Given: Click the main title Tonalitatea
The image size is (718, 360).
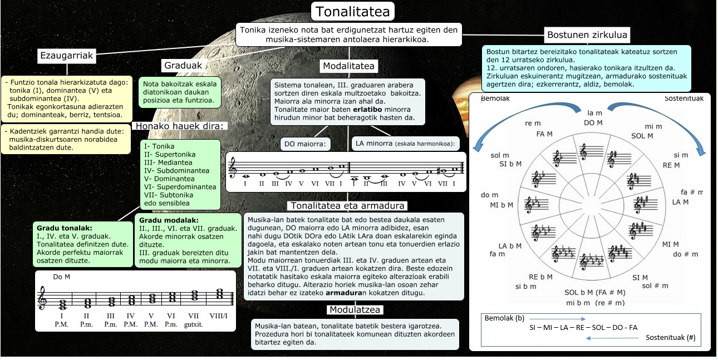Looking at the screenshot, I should pyautogui.click(x=353, y=11).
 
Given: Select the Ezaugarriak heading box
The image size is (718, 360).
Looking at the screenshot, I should pyautogui.click(x=67, y=55).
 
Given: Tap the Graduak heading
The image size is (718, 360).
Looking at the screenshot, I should pyautogui.click(x=183, y=65).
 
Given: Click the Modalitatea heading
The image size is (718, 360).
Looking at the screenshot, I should pyautogui.click(x=349, y=66).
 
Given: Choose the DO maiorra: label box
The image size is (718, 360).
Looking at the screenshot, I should pyautogui.click(x=305, y=144).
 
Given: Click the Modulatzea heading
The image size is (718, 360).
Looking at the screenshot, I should pyautogui.click(x=355, y=309).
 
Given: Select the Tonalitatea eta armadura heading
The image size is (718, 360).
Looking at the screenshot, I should pyautogui.click(x=346, y=206).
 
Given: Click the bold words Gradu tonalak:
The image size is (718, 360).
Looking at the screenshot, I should pyautogui.click(x=64, y=228).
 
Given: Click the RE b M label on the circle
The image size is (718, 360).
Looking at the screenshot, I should pyautogui.click(x=540, y=277).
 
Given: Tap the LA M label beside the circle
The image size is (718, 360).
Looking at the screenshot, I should pyautogui.click(x=680, y=202).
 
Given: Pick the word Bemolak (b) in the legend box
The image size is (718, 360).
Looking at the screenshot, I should pyautogui.click(x=504, y=318).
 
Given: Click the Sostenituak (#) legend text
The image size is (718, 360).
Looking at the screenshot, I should pyautogui.click(x=670, y=337).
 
